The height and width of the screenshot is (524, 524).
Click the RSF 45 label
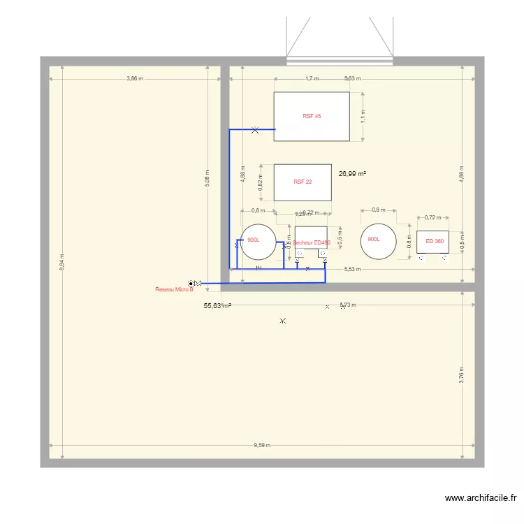click(x=312, y=116)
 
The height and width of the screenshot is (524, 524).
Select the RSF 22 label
click(x=303, y=182)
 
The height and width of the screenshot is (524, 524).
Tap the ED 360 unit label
click(x=435, y=242)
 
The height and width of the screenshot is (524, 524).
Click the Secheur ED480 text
click(x=312, y=243)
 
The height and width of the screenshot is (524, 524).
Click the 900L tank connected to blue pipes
click(x=258, y=240)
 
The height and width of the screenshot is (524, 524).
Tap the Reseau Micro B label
click(x=174, y=289)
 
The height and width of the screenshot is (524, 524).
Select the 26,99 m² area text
click(x=353, y=174)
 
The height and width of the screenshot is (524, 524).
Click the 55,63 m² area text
click(x=217, y=306)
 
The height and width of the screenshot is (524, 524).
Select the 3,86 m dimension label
click(x=135, y=79)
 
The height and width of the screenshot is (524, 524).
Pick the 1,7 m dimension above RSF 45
click(x=312, y=79)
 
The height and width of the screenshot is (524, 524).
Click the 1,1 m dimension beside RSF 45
click(x=363, y=116)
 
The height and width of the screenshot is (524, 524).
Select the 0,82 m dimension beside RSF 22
click(x=261, y=182)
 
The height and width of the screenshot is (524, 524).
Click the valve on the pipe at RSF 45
click(x=255, y=129)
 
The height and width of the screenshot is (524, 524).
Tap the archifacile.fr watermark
click(x=481, y=498)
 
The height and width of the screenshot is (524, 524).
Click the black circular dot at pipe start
click(x=191, y=284)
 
